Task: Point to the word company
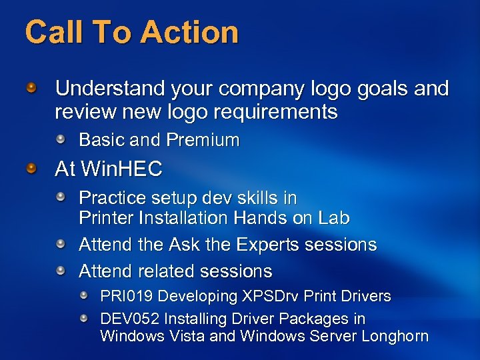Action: tap(261, 89)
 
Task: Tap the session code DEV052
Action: tap(126, 319)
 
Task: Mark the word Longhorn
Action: tap(395, 336)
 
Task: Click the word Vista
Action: tap(185, 336)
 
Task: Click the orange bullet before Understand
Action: tap(31, 87)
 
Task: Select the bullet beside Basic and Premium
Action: tap(61, 139)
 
